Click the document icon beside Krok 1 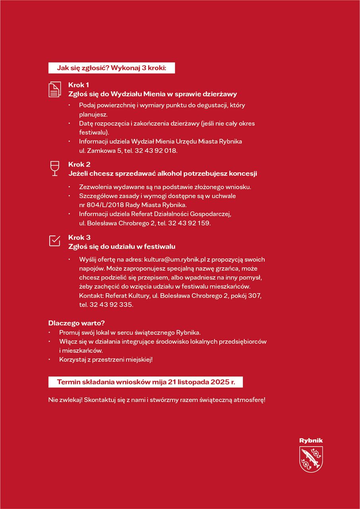(55, 89)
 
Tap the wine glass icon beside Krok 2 (54, 168)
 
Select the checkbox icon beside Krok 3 (54, 241)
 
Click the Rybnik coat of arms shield (311, 459)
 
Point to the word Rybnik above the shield (311, 441)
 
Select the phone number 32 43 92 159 (189, 223)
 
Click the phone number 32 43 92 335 (111, 305)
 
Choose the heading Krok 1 (79, 85)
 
